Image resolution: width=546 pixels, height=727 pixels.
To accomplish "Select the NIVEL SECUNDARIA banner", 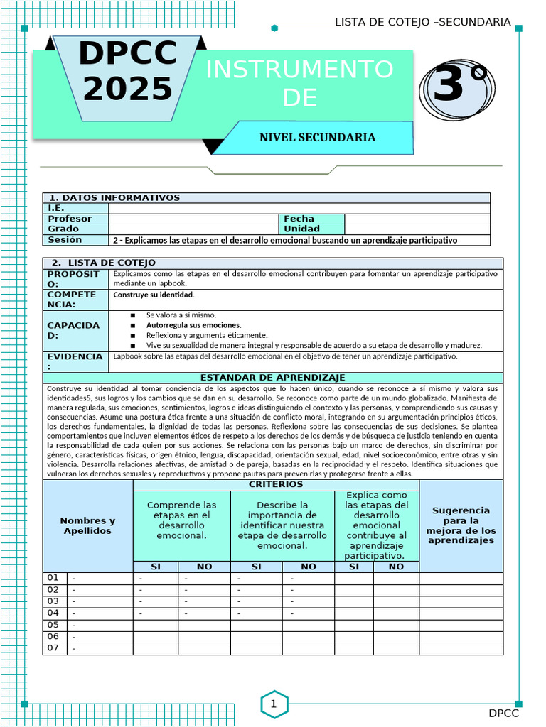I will click(x=317, y=137).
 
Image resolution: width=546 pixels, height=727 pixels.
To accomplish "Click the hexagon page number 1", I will click(x=273, y=704).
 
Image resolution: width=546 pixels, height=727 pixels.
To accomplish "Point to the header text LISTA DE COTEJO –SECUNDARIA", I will click(x=422, y=22).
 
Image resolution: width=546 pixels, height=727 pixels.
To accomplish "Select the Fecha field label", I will click(x=299, y=219).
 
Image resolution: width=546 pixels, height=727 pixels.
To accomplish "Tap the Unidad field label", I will click(x=301, y=229).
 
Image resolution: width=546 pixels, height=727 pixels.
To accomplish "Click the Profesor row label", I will click(x=69, y=219).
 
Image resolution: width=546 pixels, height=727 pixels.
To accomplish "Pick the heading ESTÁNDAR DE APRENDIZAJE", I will click(x=272, y=378).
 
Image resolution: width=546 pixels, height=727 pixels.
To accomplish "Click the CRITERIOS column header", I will click(x=276, y=484).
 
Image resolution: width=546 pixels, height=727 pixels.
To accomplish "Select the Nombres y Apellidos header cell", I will click(x=87, y=526).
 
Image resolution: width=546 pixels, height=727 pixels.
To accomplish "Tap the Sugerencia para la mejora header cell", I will click(x=461, y=525).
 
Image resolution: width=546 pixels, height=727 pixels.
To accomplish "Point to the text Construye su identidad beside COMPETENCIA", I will click(x=154, y=295).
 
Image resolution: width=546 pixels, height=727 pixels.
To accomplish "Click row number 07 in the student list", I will click(x=53, y=648).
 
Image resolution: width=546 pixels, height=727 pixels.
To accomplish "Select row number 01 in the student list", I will click(x=53, y=578).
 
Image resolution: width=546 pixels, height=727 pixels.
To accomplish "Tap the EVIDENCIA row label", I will click(x=75, y=361).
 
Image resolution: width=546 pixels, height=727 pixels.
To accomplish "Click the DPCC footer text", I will click(x=503, y=713).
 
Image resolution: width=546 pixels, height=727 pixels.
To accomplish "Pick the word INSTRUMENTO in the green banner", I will click(x=299, y=70).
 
